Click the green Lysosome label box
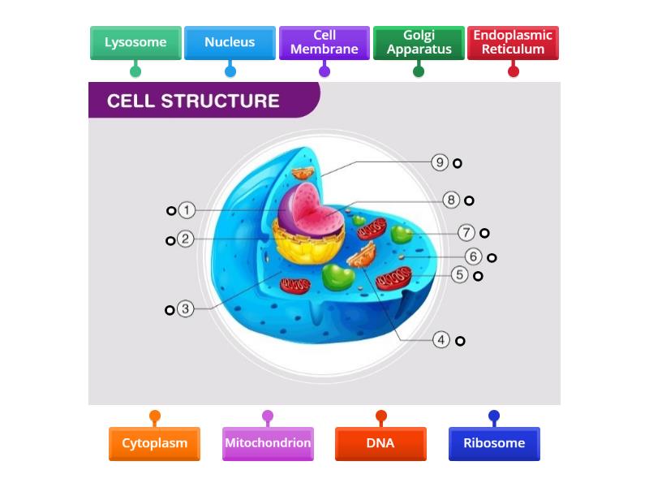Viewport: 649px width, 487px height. tap(135, 43)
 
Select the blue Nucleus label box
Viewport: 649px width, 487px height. tap(230, 43)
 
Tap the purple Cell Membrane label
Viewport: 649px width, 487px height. tap(324, 43)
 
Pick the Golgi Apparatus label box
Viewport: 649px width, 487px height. tap(419, 43)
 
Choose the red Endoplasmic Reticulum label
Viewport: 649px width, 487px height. tap(513, 43)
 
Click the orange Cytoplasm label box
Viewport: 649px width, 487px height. tap(154, 443)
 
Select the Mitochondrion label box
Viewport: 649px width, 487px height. tap(268, 443)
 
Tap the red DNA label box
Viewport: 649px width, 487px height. tap(380, 443)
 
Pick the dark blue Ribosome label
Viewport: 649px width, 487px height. tap(494, 443)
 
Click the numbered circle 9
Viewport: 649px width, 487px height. tap(440, 162)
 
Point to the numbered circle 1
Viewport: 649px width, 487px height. tap(187, 210)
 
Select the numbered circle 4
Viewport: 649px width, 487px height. tap(441, 340)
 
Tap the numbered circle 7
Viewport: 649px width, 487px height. tap(466, 233)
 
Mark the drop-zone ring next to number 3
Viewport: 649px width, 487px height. tap(170, 310)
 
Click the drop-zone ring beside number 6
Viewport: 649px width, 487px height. tap(492, 258)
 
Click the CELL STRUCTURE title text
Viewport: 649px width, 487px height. tap(193, 101)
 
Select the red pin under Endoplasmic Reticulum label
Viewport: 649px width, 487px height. tap(513, 71)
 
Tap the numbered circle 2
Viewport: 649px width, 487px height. tap(186, 239)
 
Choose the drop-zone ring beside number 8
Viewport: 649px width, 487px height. tap(469, 200)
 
